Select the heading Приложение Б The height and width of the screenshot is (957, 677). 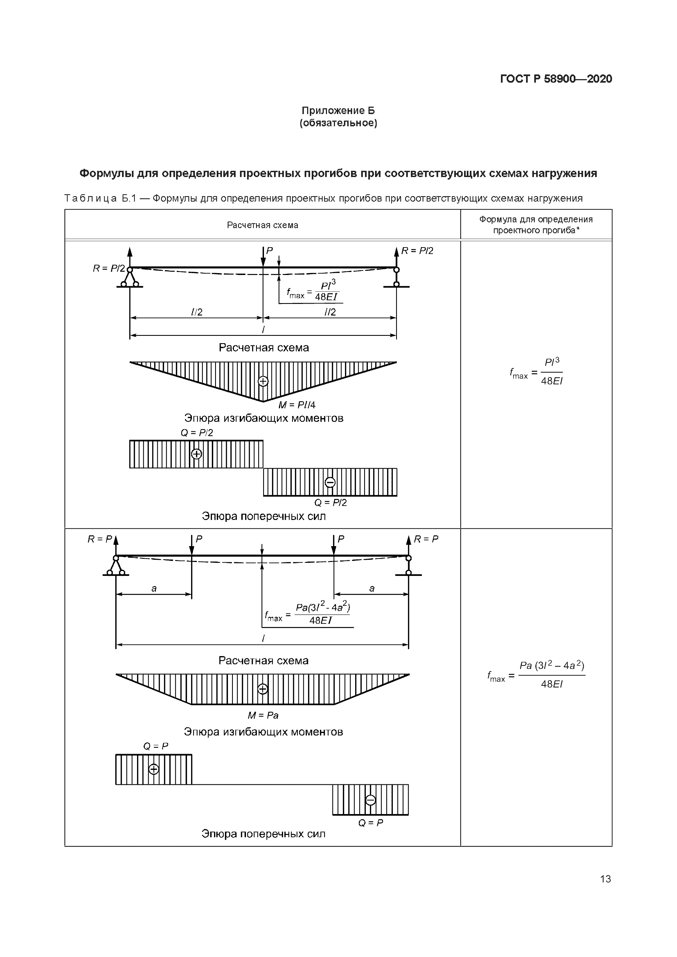(x=338, y=110)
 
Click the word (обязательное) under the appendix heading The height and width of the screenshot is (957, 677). (x=338, y=123)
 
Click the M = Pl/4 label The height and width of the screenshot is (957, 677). (x=297, y=405)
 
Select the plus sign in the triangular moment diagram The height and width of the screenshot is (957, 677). (x=263, y=381)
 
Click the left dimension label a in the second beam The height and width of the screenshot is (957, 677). (x=154, y=588)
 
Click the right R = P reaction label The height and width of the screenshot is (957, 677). (x=426, y=539)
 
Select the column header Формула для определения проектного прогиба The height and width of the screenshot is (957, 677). (x=536, y=225)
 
